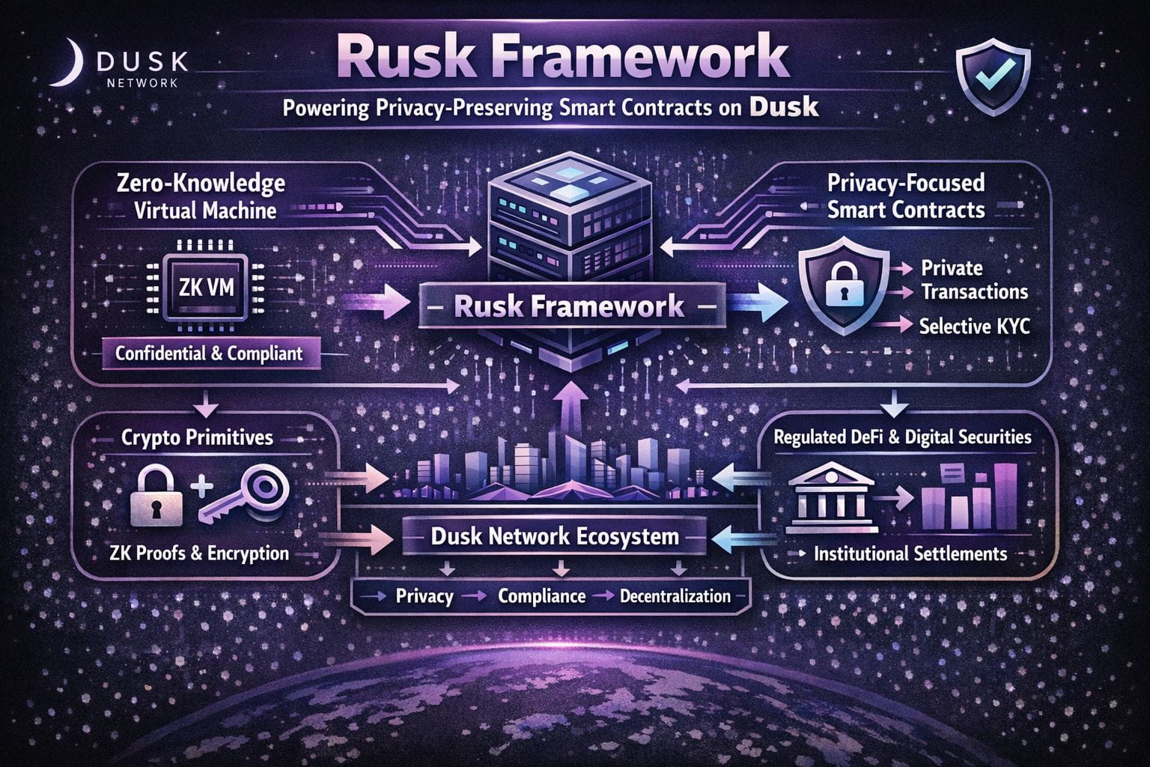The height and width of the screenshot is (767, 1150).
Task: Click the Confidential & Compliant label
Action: (209, 354)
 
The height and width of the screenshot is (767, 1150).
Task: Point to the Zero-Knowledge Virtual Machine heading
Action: (201, 195)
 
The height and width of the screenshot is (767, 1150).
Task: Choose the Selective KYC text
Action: (974, 326)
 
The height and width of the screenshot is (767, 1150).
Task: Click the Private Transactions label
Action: (974, 279)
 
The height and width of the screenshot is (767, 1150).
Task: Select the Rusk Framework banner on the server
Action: (569, 306)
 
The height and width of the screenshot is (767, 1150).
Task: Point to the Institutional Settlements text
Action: (910, 554)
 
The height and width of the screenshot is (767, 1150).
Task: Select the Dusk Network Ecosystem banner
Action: (555, 536)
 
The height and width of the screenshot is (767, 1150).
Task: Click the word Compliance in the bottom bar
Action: (541, 596)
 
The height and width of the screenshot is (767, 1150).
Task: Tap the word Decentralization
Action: (675, 596)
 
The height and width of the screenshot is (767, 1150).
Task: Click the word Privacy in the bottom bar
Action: (424, 596)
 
